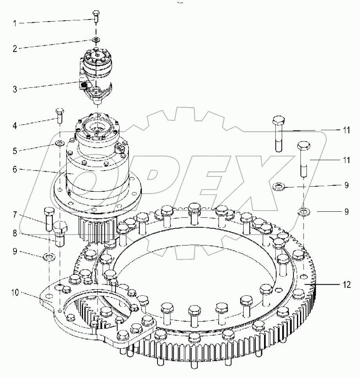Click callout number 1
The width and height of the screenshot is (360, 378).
tap(15, 24)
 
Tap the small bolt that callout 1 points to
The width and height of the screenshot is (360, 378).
tap(96, 16)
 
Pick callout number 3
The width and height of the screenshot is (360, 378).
tap(15, 89)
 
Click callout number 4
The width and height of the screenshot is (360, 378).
tap(15, 126)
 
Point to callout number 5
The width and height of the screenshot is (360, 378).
tap(15, 151)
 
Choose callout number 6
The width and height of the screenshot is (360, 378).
tap(15, 170)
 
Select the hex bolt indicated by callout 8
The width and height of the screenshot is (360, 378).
tap(60, 233)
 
